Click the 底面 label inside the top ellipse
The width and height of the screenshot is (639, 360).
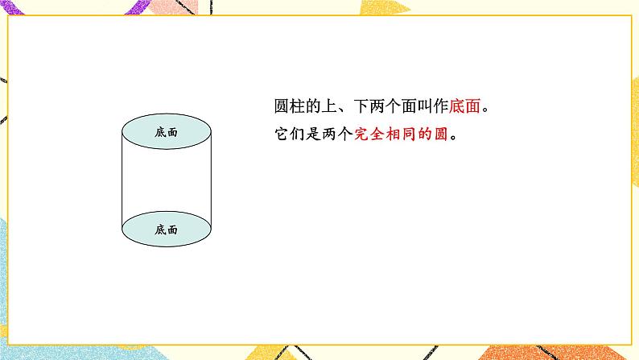[x=166, y=132]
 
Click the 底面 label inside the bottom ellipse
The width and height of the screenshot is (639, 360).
[x=166, y=230]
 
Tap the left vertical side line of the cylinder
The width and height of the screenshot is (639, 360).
[x=122, y=181]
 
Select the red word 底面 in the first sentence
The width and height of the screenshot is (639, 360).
[x=474, y=108]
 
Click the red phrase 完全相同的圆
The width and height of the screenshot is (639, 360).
[x=400, y=134]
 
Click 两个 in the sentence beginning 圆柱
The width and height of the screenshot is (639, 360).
[x=395, y=108]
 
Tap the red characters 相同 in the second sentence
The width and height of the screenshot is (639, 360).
[x=408, y=134]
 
